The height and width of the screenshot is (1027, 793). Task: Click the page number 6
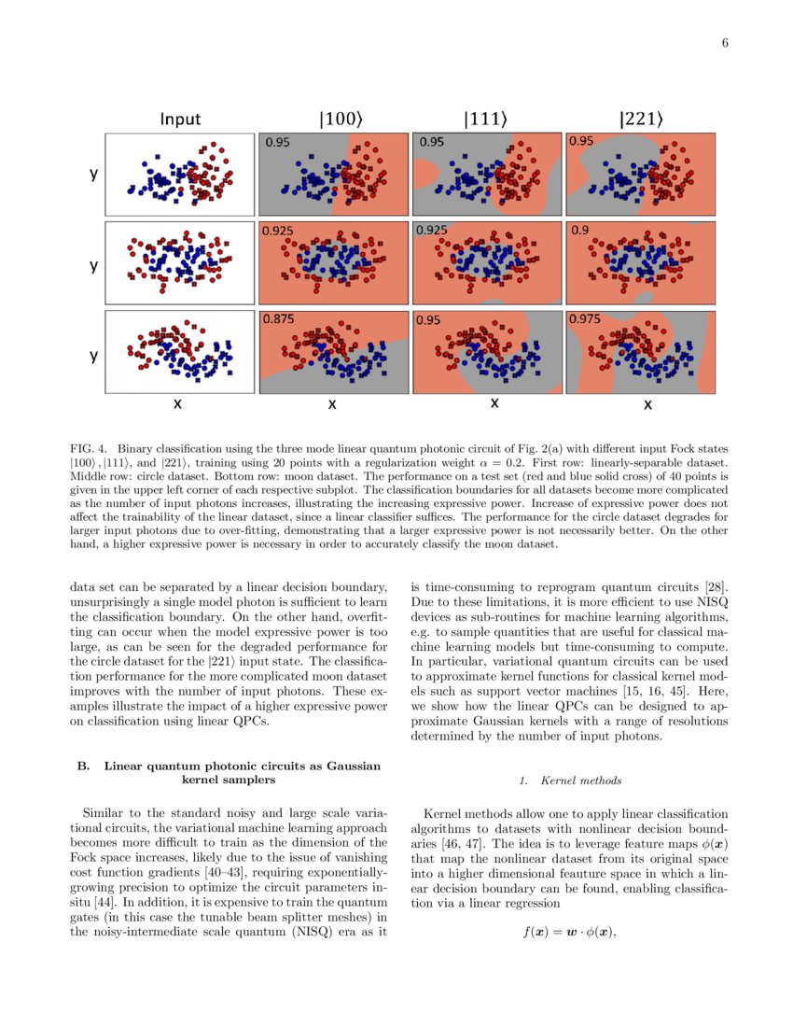tap(724, 43)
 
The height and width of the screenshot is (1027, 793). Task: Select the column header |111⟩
tap(486, 120)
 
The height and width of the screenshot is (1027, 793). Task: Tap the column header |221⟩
tap(641, 120)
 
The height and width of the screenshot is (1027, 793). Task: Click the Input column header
tap(180, 120)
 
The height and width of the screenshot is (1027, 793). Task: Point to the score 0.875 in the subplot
tap(279, 318)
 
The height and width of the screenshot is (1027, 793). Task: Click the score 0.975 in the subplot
tap(586, 318)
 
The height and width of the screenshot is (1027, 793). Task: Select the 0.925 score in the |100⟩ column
tap(279, 230)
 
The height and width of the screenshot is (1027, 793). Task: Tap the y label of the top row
tap(93, 175)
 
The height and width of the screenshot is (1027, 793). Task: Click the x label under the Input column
tap(177, 405)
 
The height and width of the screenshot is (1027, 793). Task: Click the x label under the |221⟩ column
tap(647, 405)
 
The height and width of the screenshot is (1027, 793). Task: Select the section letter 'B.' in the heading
tap(83, 766)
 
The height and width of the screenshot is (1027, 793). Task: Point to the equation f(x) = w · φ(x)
tap(570, 931)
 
